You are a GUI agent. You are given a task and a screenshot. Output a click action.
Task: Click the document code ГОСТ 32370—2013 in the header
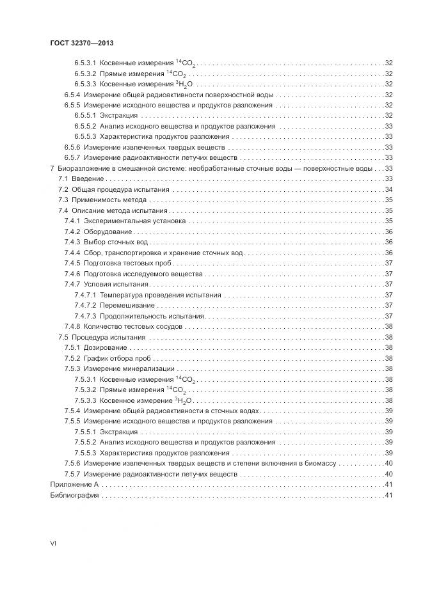[82, 43]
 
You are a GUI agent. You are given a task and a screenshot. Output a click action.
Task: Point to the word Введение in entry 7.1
[85, 178]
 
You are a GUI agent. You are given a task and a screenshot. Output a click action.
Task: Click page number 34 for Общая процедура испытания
[388, 189]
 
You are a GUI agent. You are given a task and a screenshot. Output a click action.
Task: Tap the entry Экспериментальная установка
[135, 221]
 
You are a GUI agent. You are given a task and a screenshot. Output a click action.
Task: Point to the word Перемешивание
[128, 305]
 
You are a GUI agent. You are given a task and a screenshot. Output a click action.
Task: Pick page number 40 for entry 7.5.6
[388, 464]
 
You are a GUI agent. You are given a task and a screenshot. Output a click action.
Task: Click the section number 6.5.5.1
[84, 115]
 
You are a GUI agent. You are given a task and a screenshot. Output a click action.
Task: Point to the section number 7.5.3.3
[84, 400]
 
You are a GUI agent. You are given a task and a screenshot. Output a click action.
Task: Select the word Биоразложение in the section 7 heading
[80, 168]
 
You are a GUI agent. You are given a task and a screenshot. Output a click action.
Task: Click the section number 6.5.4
[71, 94]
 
